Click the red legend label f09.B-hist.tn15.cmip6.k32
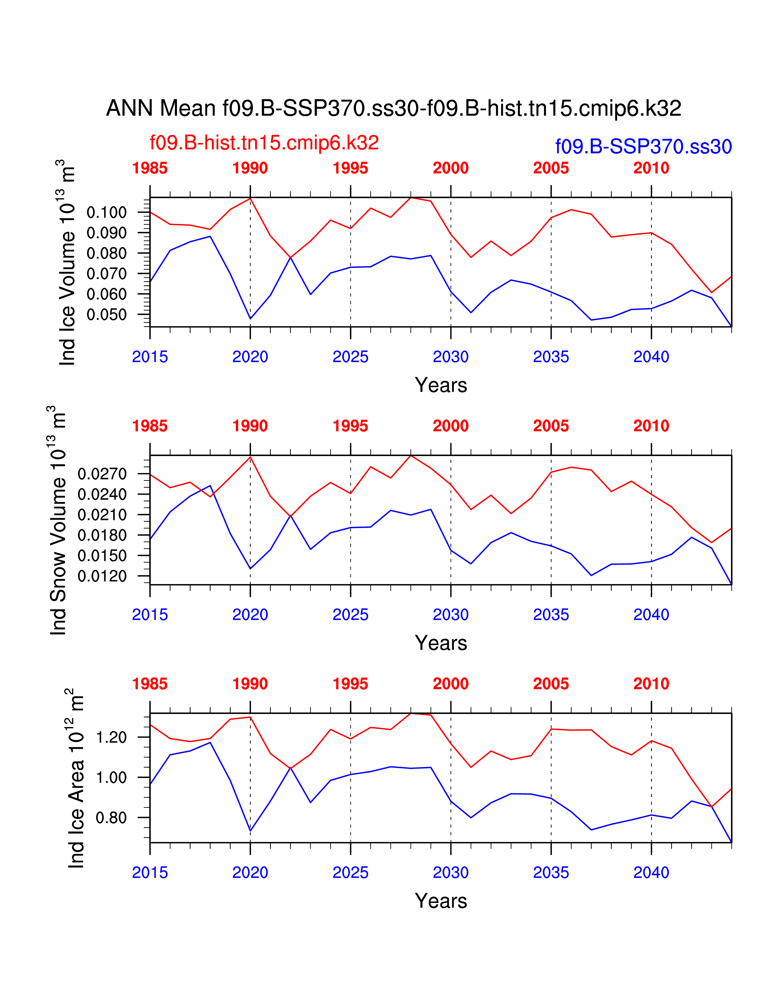pos(264,143)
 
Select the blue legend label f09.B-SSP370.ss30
pos(643,146)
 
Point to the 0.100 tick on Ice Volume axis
pos(106,212)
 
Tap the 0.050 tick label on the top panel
pos(106,315)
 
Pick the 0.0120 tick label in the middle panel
pos(102,576)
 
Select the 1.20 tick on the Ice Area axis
pos(111,737)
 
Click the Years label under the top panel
pos(441,385)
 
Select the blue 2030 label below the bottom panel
pos(450,872)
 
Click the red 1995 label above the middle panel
pos(350,426)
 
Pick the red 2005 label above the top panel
pos(551,168)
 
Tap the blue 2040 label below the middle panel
pos(651,615)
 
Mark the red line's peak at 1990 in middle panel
pos(250,456)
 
